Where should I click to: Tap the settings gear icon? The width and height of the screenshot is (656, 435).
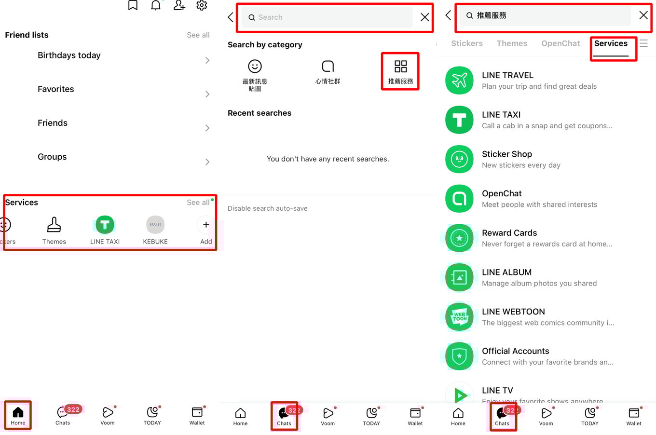click(x=202, y=5)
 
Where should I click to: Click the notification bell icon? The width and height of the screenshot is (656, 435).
click(x=156, y=5)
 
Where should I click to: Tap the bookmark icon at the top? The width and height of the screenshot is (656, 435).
click(x=133, y=5)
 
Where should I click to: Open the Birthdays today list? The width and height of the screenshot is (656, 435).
click(x=69, y=55)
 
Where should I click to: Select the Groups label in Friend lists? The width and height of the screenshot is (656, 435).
click(x=52, y=157)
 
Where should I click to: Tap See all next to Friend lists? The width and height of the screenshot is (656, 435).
click(x=198, y=35)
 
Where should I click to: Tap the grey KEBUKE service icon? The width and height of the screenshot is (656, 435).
click(x=155, y=225)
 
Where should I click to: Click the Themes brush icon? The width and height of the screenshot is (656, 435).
click(x=54, y=225)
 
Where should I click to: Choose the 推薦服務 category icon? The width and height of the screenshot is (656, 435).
click(x=400, y=67)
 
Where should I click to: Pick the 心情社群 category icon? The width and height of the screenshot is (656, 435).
click(x=328, y=67)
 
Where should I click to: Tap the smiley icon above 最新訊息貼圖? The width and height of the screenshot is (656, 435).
click(x=255, y=66)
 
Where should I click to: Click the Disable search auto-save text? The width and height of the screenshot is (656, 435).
click(x=267, y=208)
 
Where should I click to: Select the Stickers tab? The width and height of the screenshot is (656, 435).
click(x=466, y=43)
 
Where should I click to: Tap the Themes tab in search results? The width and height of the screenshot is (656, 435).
click(x=512, y=43)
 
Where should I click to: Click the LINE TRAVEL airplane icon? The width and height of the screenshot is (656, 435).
click(x=459, y=81)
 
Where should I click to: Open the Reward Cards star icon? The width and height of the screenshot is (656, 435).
click(x=459, y=238)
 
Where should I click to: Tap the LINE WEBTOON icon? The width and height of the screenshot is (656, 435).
click(x=459, y=317)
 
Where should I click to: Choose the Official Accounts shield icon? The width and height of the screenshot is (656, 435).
click(x=459, y=356)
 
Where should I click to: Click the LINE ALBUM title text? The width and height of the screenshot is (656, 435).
click(x=506, y=272)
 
